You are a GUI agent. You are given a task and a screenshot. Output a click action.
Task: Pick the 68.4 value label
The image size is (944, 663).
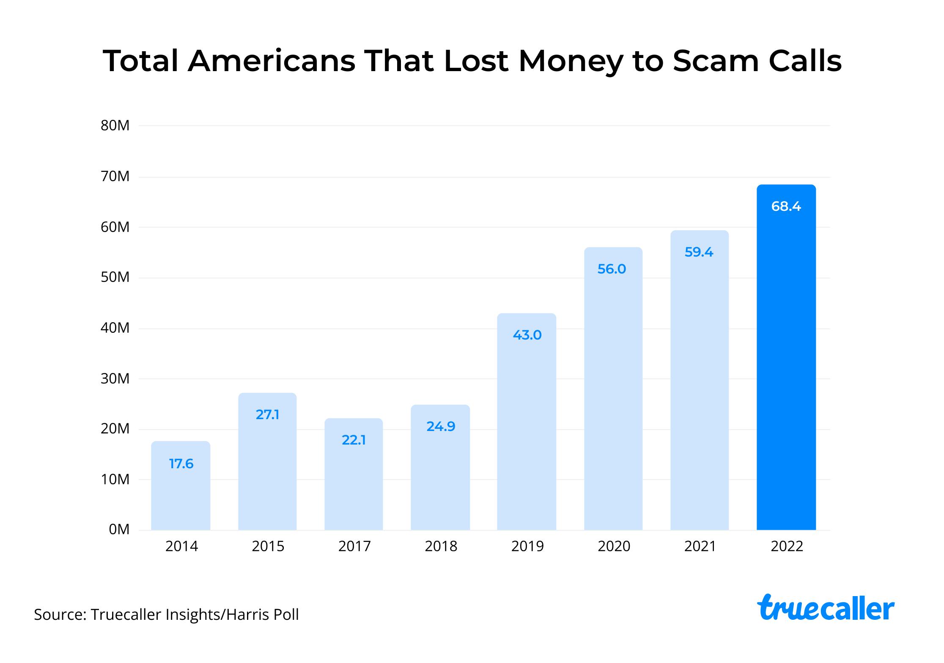(x=786, y=207)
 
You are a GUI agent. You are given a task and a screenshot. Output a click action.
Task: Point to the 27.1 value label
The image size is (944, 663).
(x=267, y=415)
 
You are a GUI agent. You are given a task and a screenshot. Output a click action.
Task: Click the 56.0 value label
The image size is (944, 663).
(x=612, y=269)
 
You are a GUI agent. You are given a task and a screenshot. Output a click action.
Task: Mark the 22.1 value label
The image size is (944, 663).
(x=354, y=440)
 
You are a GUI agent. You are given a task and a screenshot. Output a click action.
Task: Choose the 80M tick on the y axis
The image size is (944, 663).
(x=115, y=126)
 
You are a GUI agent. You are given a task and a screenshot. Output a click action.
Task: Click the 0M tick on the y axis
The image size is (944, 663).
(x=119, y=530)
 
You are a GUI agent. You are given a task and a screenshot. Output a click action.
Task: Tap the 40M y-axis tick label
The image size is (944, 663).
(x=115, y=328)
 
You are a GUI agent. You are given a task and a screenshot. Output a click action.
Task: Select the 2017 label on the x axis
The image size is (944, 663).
(x=354, y=547)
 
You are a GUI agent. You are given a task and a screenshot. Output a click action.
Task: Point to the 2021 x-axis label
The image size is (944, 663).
(x=700, y=547)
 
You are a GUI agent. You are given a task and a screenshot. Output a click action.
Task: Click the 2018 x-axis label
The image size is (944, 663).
(x=441, y=547)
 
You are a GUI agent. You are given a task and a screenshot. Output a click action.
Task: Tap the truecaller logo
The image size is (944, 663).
(x=825, y=608)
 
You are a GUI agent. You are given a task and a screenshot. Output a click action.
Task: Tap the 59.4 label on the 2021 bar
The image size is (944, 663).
(x=699, y=252)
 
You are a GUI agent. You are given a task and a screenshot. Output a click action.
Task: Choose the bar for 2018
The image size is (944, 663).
(x=440, y=474)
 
